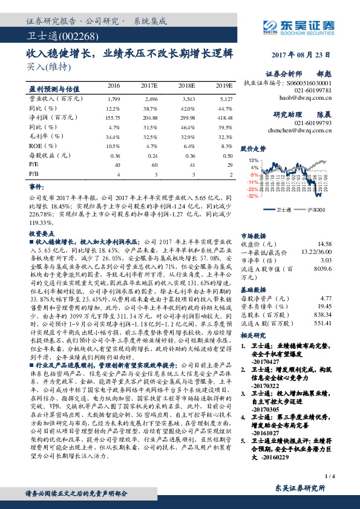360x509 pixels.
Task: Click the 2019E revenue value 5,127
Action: (225, 98)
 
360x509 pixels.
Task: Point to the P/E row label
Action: (34, 164)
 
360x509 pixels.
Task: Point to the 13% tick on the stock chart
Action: (254, 160)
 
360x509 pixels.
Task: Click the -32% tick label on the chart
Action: (253, 196)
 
